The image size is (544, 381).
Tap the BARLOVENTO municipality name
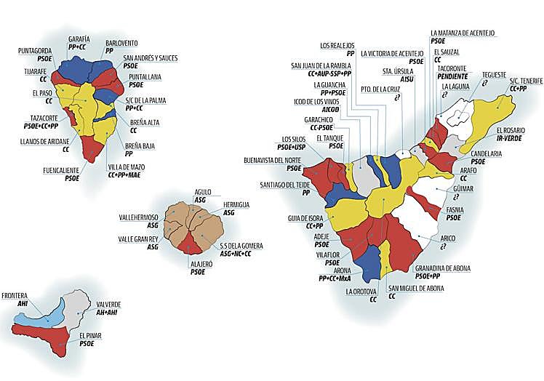point(121,43)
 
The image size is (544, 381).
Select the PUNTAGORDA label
point(35,51)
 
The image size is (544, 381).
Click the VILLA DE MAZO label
point(126,167)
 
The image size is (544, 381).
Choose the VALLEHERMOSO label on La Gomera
point(139,217)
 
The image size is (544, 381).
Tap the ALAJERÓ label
point(197,264)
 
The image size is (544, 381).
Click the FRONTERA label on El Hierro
point(15,296)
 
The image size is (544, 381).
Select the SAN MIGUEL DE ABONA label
point(416,289)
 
